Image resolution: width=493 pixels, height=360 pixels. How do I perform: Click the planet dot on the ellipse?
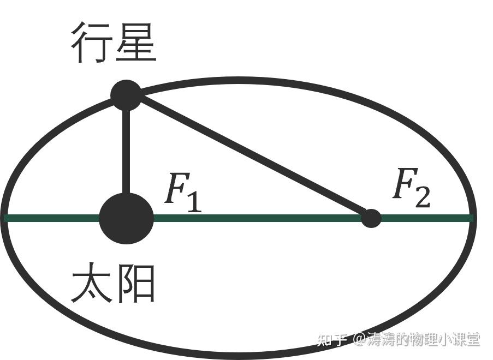126,95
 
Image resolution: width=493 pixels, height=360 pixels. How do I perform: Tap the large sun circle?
126,218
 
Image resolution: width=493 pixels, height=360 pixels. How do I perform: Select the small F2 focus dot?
371,218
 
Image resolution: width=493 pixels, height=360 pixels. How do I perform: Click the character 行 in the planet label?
91,43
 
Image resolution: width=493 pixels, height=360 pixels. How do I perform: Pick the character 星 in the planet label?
136,43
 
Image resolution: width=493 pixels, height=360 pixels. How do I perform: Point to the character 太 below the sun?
91,284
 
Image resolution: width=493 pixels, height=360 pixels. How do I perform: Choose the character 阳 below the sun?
136,284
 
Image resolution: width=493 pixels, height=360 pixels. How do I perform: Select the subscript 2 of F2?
422,197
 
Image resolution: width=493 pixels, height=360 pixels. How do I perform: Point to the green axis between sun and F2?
257,218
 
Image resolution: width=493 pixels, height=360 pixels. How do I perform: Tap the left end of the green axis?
7,218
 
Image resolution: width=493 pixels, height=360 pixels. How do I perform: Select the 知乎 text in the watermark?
332,340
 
